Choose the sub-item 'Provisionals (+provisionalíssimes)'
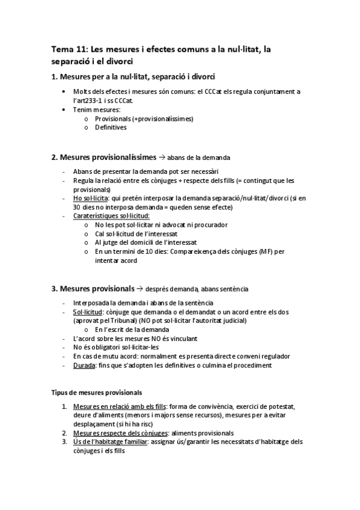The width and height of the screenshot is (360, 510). click(x=144, y=118)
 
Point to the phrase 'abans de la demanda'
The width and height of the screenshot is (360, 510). click(x=198, y=158)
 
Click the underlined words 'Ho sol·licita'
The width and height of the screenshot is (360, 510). click(x=91, y=197)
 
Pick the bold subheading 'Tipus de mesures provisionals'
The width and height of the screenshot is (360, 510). click(x=96, y=392)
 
